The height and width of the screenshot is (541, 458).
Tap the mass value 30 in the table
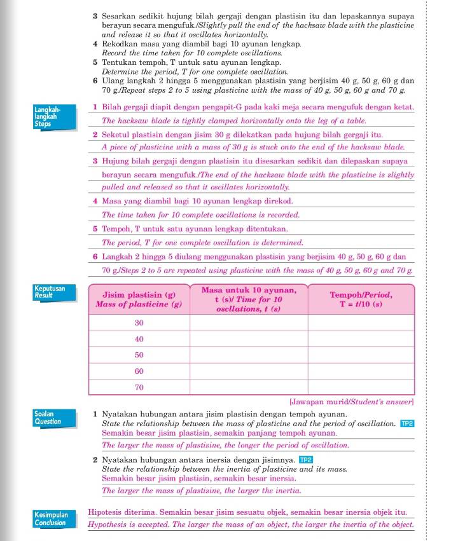point(139,323)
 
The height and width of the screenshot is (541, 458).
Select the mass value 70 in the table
point(139,387)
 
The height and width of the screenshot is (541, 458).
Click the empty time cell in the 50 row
point(249,355)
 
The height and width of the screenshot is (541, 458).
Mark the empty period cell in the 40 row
point(360,339)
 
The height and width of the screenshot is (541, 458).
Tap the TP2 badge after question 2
point(307,459)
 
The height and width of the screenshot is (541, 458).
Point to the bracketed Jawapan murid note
point(351,402)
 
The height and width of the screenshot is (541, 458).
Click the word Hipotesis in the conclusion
point(107,512)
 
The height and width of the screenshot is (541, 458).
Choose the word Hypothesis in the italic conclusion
point(109,525)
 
